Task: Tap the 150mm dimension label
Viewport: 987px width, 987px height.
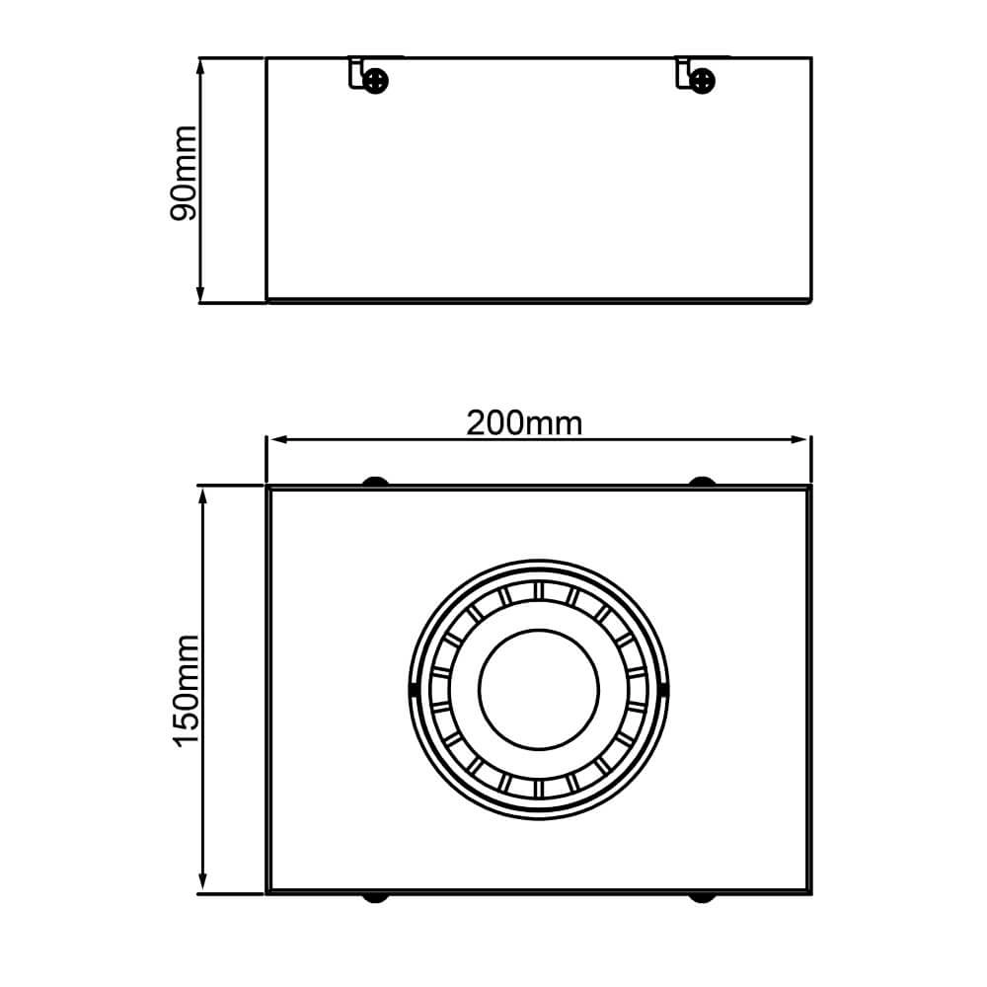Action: coord(187,690)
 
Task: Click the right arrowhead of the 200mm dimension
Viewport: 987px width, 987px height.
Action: coord(802,440)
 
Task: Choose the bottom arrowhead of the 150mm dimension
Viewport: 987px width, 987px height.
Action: coord(204,886)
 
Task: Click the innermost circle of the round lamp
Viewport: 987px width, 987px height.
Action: coord(538,687)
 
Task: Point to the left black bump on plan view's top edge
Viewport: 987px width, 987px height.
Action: coord(375,482)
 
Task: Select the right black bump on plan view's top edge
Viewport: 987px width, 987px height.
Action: coord(702,482)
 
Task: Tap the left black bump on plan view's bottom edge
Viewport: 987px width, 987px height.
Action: coord(375,898)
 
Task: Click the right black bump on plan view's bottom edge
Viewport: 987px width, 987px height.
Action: coord(702,898)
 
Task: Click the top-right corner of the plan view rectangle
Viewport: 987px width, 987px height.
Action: coord(808,488)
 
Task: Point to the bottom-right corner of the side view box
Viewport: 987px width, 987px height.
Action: coord(810,300)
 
